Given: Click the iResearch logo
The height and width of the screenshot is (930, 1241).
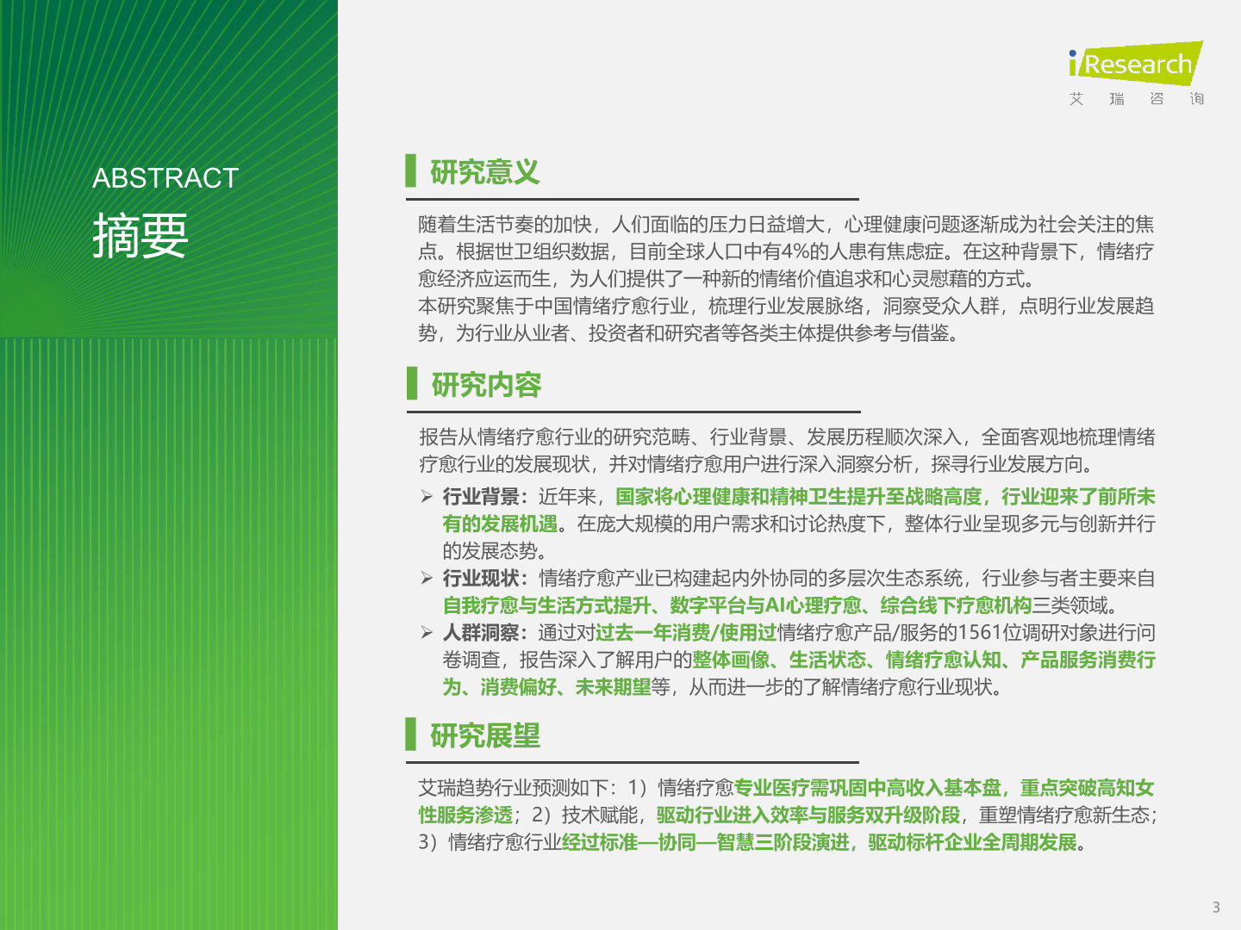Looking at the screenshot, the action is pyautogui.click(x=1136, y=64).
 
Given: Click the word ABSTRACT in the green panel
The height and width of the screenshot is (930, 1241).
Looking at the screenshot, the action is pyautogui.click(x=165, y=178).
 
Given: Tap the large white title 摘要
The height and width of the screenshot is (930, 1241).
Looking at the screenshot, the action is pyautogui.click(x=140, y=235).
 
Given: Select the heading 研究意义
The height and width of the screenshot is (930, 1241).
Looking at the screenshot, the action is pyautogui.click(x=484, y=171).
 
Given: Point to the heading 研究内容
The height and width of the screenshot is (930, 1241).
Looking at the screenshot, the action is pyautogui.click(x=486, y=385).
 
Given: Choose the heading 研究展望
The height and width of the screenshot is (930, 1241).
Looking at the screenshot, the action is pyautogui.click(x=484, y=735).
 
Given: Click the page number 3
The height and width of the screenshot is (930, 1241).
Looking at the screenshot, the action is pyautogui.click(x=1216, y=908).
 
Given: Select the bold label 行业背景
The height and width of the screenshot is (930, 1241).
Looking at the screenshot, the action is pyautogui.click(x=481, y=497).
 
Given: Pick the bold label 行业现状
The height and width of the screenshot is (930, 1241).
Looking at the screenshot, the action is pyautogui.click(x=481, y=578).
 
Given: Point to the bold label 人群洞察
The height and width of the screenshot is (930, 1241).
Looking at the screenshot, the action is pyautogui.click(x=481, y=632).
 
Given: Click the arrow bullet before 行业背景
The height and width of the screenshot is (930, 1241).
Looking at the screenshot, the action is pyautogui.click(x=427, y=496).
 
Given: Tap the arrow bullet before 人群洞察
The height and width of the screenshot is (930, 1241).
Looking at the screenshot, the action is pyautogui.click(x=427, y=632).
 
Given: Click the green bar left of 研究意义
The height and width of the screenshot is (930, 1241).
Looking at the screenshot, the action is pyautogui.click(x=410, y=170).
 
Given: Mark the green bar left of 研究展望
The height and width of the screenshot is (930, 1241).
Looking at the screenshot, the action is pyautogui.click(x=410, y=734).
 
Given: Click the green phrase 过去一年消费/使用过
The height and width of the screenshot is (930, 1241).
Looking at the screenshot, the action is pyautogui.click(x=686, y=632).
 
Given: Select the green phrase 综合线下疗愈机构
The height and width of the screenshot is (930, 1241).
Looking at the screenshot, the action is pyautogui.click(x=956, y=605).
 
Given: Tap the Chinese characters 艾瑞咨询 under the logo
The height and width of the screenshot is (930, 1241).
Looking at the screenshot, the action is pyautogui.click(x=1137, y=99).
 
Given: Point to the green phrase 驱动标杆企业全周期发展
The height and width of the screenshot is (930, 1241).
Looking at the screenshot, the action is pyautogui.click(x=972, y=842).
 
